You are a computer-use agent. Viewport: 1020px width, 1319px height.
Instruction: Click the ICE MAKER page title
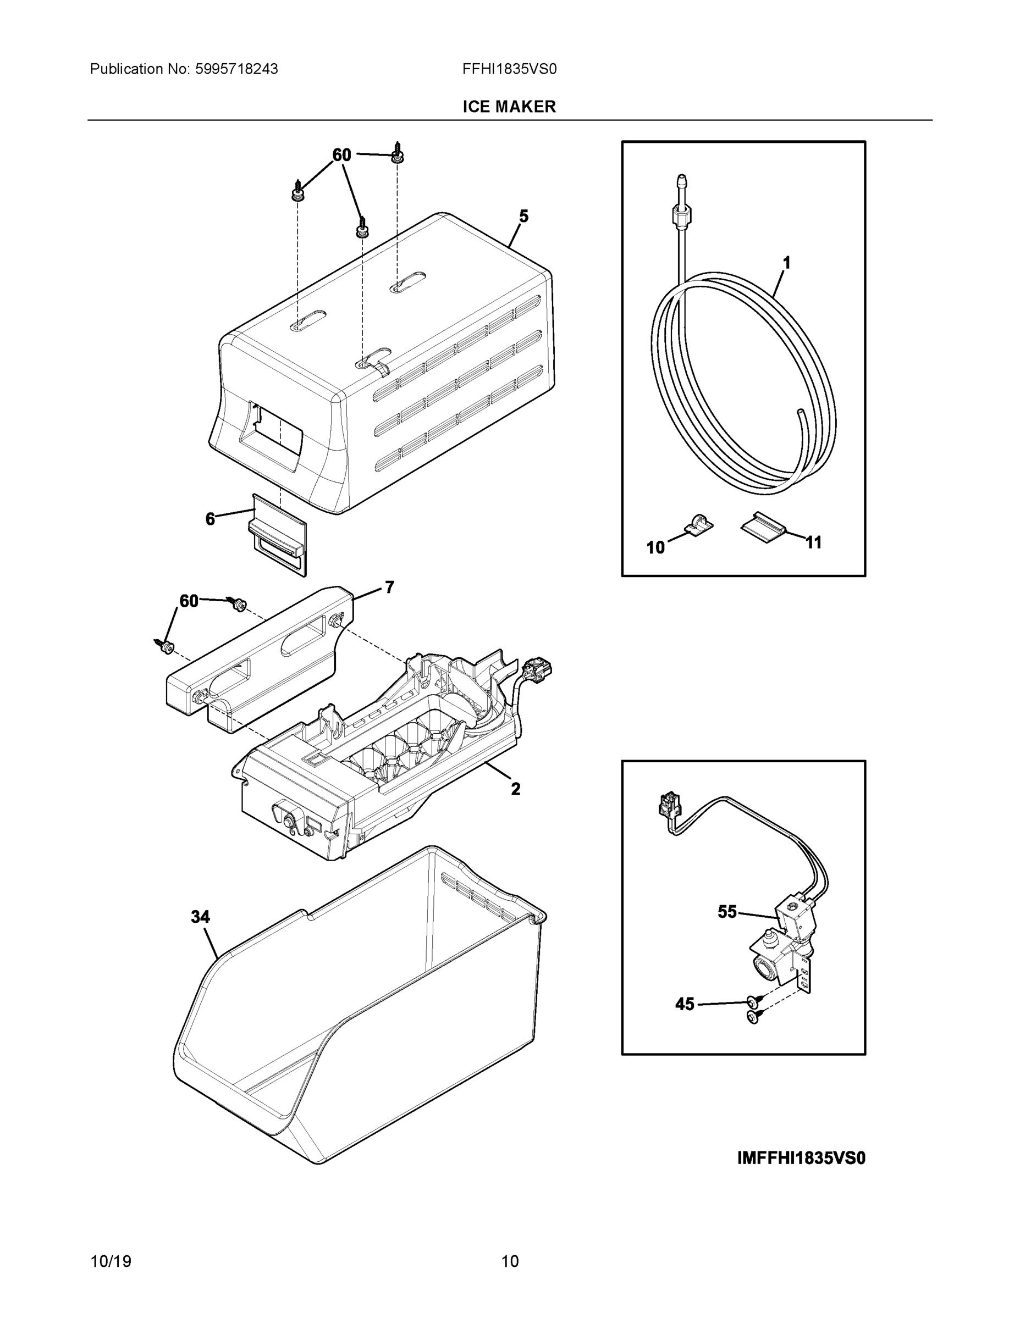click(x=509, y=107)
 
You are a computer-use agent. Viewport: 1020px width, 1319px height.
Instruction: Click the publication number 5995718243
click(x=236, y=69)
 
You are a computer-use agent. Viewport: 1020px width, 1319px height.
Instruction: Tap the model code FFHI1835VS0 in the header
click(x=509, y=69)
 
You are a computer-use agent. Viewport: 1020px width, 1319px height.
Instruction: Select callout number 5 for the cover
click(x=523, y=216)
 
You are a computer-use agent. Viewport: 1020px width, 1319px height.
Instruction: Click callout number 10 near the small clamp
click(x=655, y=548)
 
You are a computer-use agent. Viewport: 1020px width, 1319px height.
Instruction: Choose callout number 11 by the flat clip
click(x=814, y=542)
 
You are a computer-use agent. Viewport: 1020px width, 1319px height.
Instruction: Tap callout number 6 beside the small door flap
click(x=209, y=519)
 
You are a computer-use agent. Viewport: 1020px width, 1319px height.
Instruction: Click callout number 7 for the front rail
click(x=389, y=586)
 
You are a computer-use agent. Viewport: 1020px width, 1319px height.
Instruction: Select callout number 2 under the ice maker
click(x=515, y=789)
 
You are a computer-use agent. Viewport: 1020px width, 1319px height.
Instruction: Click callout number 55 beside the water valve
click(x=727, y=912)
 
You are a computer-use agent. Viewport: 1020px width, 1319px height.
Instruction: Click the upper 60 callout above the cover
click(x=341, y=155)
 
